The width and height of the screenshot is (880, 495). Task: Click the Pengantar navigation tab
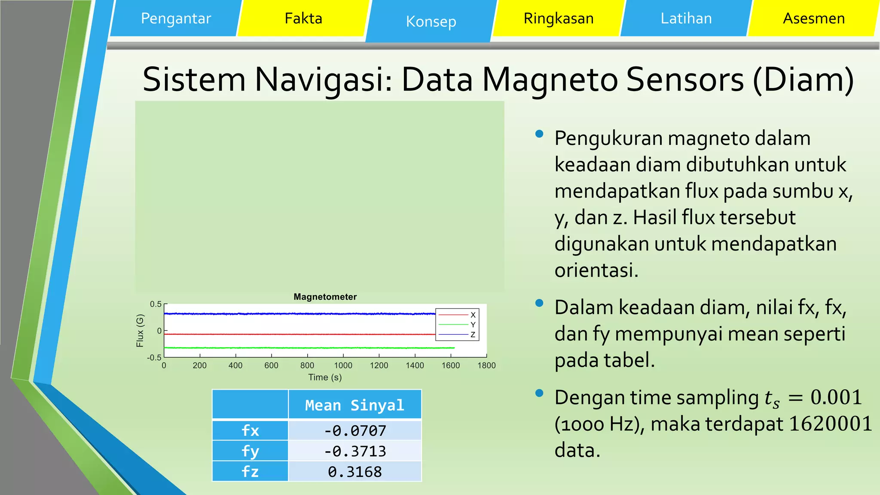(176, 18)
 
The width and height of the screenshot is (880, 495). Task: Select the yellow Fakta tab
(303, 18)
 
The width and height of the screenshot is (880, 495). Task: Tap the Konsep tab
(431, 21)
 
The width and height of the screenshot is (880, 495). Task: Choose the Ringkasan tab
(558, 18)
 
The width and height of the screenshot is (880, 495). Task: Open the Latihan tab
(686, 18)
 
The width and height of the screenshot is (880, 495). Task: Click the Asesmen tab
(813, 18)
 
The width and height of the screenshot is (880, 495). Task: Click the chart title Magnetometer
(325, 297)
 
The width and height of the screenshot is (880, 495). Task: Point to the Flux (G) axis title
(140, 330)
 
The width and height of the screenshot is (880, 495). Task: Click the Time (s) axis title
(325, 377)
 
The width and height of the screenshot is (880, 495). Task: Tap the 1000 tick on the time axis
(343, 366)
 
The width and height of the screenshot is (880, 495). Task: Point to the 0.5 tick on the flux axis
(156, 304)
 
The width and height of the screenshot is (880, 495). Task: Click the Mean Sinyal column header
(354, 405)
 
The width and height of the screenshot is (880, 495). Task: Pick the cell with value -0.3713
(354, 451)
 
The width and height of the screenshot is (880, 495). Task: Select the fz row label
(250, 472)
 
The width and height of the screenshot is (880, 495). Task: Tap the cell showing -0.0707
(354, 431)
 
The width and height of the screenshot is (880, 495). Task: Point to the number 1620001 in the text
(830, 424)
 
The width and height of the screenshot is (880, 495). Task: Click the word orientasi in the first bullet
(596, 270)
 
